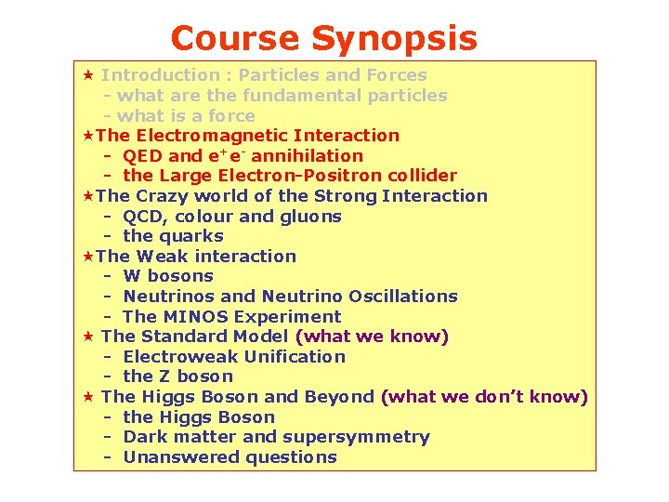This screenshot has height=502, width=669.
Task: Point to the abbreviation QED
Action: pos(142,156)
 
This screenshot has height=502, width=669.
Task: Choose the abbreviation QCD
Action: pos(142,217)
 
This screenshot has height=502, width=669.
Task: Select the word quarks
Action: pos(190,236)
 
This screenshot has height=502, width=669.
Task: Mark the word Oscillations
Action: pos(403,297)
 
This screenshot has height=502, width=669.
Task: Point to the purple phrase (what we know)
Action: pos(372,337)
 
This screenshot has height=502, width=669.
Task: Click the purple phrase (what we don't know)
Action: pos(484,397)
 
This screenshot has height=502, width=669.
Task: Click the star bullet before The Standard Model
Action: pos(88,337)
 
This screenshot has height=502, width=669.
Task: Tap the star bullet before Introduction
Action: pos(88,74)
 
